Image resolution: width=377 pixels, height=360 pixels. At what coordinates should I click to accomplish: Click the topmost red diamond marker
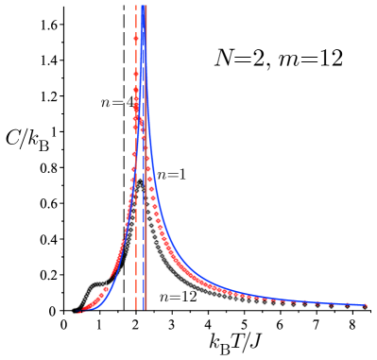click(136, 38)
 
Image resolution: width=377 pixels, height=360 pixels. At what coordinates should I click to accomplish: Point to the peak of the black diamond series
click(140, 181)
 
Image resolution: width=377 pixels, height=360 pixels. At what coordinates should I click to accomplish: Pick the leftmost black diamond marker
click(74, 309)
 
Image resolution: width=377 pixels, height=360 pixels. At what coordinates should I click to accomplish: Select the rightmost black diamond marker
click(365, 307)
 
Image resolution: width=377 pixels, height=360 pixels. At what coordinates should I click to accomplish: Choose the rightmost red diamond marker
click(365, 305)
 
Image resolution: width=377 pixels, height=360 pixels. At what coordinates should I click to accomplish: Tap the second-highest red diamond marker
click(136, 64)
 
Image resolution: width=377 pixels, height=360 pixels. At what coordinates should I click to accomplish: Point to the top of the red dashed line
click(136, 6)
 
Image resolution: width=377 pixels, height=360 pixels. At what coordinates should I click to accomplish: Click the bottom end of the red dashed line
click(136, 310)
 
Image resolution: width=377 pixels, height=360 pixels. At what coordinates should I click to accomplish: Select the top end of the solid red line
click(146, 6)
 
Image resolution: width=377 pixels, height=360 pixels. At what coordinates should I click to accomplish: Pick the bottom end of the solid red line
click(146, 310)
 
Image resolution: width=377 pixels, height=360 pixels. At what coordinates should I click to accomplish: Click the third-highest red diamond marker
click(137, 94)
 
